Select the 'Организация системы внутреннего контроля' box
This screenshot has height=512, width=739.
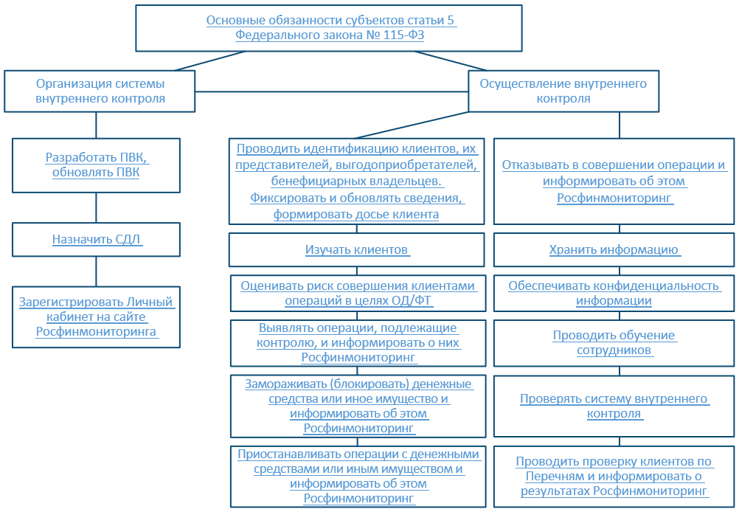click(x=100, y=91)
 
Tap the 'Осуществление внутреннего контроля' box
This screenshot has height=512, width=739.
click(x=563, y=91)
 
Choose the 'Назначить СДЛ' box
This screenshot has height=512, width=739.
click(x=97, y=239)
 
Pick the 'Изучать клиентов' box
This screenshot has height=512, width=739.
click(x=358, y=250)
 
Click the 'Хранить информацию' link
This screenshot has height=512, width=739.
click(x=614, y=250)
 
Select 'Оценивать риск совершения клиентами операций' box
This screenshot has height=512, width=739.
click(x=358, y=293)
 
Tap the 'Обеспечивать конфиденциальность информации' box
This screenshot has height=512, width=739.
click(x=614, y=293)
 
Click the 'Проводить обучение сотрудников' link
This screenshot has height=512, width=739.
click(x=614, y=342)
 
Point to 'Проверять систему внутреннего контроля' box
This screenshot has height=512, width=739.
click(x=614, y=406)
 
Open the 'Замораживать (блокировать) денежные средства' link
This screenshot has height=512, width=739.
click(x=358, y=406)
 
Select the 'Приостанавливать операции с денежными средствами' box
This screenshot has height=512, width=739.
click(x=358, y=476)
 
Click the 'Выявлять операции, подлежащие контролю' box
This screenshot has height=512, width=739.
click(x=358, y=342)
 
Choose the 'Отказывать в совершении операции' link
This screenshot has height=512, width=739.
click(x=614, y=181)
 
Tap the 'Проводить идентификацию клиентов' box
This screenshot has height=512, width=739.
click(x=358, y=181)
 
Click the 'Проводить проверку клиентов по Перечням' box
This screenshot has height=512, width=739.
click(x=614, y=476)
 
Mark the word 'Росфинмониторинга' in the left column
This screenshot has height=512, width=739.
click(x=96, y=333)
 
